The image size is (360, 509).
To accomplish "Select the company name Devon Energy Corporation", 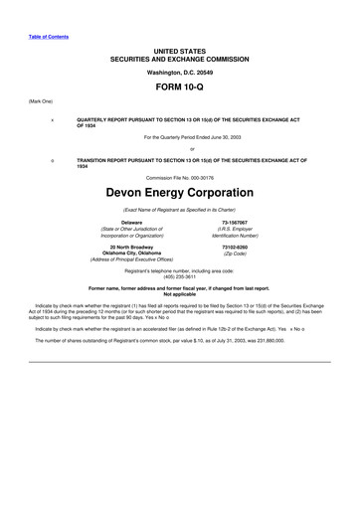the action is coord(179,188).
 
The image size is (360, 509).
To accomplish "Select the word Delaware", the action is coord(124,222).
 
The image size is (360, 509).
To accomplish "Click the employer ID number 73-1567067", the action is coord(236,222).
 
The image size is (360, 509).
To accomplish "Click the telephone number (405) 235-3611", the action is coord(179,277).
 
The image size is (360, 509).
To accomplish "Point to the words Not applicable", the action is coord(179,294).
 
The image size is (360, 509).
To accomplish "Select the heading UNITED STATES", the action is coord(179,49).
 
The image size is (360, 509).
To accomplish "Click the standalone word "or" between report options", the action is coord(179,150).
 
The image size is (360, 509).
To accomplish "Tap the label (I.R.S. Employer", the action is coord(236,229).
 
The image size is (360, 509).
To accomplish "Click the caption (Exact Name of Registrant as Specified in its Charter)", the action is coord(179,209).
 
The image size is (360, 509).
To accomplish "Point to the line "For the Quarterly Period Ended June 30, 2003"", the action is coord(179,136).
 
